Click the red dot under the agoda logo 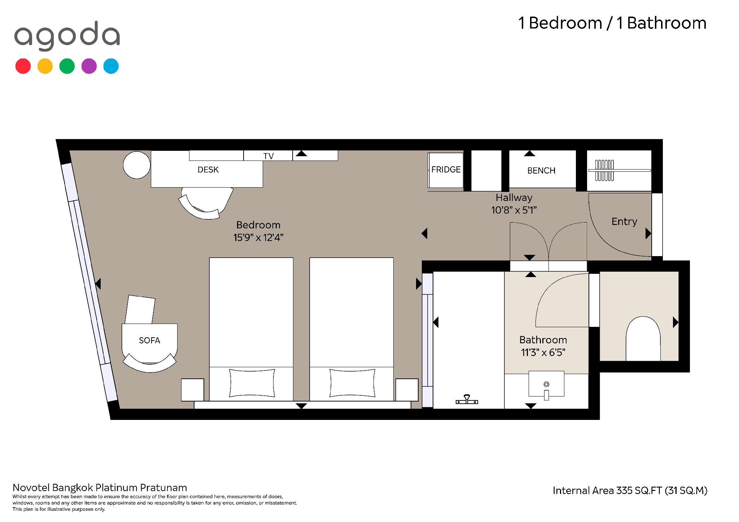coord(23,66)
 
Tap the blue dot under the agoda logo coord(111,66)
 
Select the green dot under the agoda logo coord(67,66)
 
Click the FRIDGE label coord(446,170)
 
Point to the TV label coord(268,156)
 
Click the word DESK coord(208,170)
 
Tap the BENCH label coord(541,171)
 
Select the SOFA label coord(149,341)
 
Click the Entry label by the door coord(624,221)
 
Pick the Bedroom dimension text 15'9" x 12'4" coord(258,238)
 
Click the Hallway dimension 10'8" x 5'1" coord(514,210)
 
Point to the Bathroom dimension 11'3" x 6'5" coord(543,352)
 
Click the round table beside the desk coord(137,165)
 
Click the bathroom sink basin coord(546,384)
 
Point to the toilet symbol coord(643,339)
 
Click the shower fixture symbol coord(467,399)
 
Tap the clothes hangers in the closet coord(604,170)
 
